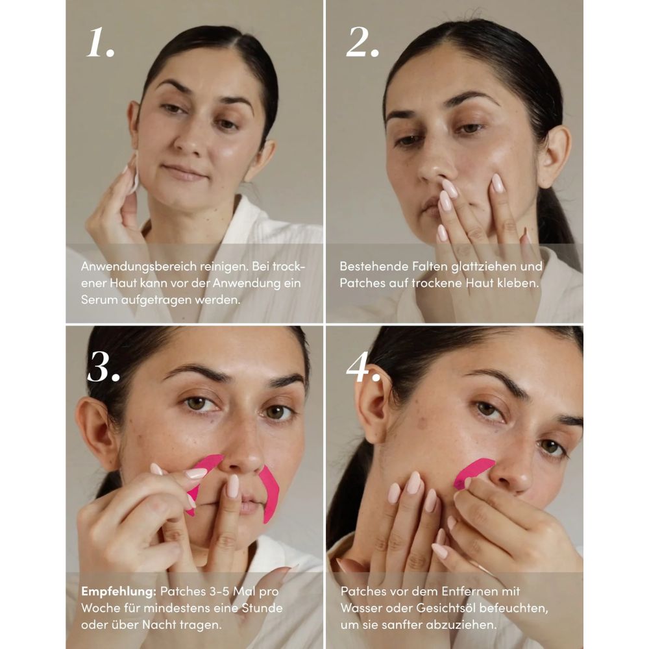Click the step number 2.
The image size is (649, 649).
point(361,43)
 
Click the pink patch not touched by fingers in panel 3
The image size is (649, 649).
point(270,493)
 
